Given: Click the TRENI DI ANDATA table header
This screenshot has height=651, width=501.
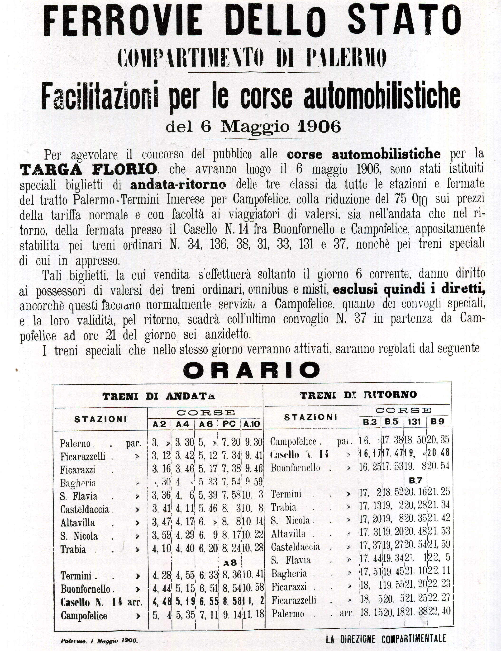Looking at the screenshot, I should point(159,396).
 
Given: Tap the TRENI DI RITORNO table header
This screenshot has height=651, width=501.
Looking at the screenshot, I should point(358,395).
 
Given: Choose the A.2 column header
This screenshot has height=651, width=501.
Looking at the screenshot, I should point(160,424).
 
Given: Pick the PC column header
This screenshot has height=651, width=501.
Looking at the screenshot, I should point(229,424).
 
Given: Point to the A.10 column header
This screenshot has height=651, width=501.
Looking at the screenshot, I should point(252,424).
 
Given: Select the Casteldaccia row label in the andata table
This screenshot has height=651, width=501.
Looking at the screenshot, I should point(85,509).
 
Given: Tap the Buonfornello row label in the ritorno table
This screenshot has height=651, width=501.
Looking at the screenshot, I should point(295,468).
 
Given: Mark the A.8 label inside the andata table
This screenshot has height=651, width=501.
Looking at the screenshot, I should point(230,562).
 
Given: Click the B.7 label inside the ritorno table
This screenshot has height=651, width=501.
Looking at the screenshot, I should point(415,481).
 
